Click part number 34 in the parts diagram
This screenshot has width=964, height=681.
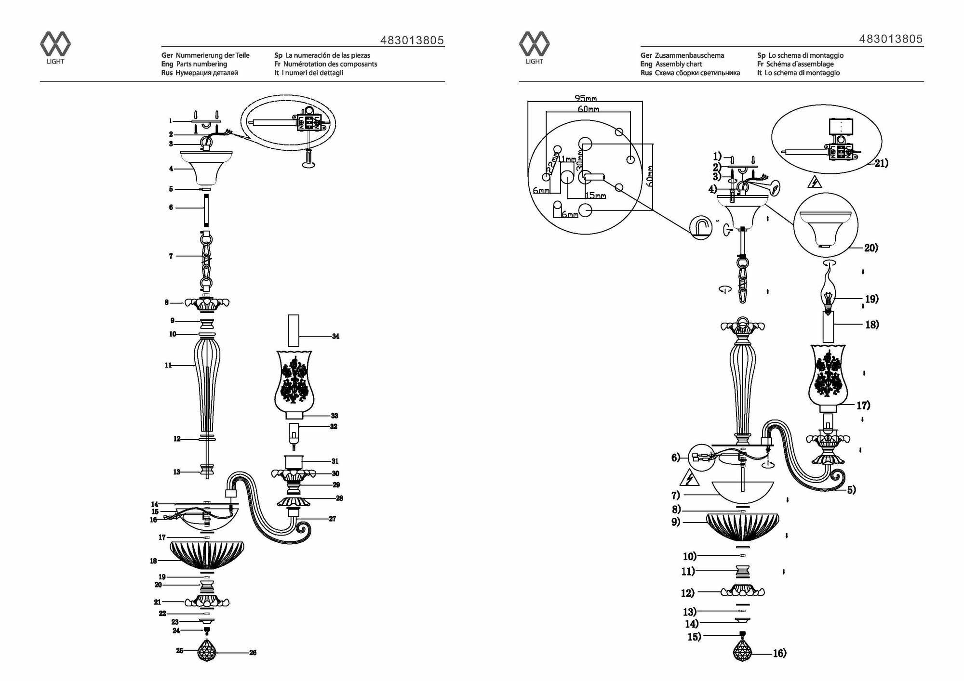[x=335, y=336]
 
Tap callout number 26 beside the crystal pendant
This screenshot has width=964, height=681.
[x=253, y=653]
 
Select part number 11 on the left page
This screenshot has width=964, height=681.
[x=168, y=366]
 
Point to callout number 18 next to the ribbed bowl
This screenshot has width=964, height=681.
[x=154, y=561]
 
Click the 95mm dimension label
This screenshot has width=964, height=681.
[x=585, y=98]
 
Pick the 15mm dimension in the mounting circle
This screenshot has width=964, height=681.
[x=596, y=196]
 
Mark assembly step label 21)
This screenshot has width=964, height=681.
[x=881, y=163]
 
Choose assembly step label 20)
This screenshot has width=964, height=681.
[x=870, y=248]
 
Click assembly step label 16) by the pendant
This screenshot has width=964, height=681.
[x=779, y=653]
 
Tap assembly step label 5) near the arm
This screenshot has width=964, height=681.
[x=851, y=490]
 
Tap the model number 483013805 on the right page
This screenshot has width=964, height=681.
[x=891, y=39]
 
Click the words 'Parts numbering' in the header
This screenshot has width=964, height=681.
[x=201, y=64]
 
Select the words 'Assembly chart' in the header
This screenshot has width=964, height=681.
[x=678, y=64]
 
